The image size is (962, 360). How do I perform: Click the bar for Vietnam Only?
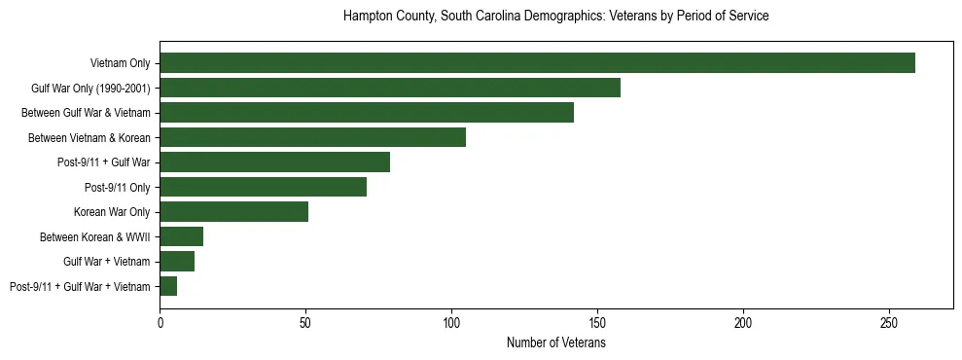point(537,63)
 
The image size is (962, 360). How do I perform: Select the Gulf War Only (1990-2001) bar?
point(390,88)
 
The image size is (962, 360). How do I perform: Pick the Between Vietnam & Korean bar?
point(312,137)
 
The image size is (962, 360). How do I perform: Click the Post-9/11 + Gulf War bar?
point(274,162)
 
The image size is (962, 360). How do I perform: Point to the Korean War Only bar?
point(233,212)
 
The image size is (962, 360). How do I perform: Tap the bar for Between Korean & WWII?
point(181,236)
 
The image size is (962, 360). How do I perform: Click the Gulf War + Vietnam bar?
point(177,262)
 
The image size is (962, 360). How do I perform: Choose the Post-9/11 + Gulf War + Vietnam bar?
point(168,286)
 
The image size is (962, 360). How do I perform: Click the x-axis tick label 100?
point(451,322)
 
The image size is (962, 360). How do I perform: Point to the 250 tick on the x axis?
point(889,322)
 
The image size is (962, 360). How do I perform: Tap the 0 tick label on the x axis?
point(160,322)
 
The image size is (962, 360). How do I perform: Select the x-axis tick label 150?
point(597,322)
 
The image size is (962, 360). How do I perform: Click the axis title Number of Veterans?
point(556,342)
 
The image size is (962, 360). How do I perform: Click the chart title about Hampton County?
point(556,17)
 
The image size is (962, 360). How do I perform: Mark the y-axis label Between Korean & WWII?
point(94,236)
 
